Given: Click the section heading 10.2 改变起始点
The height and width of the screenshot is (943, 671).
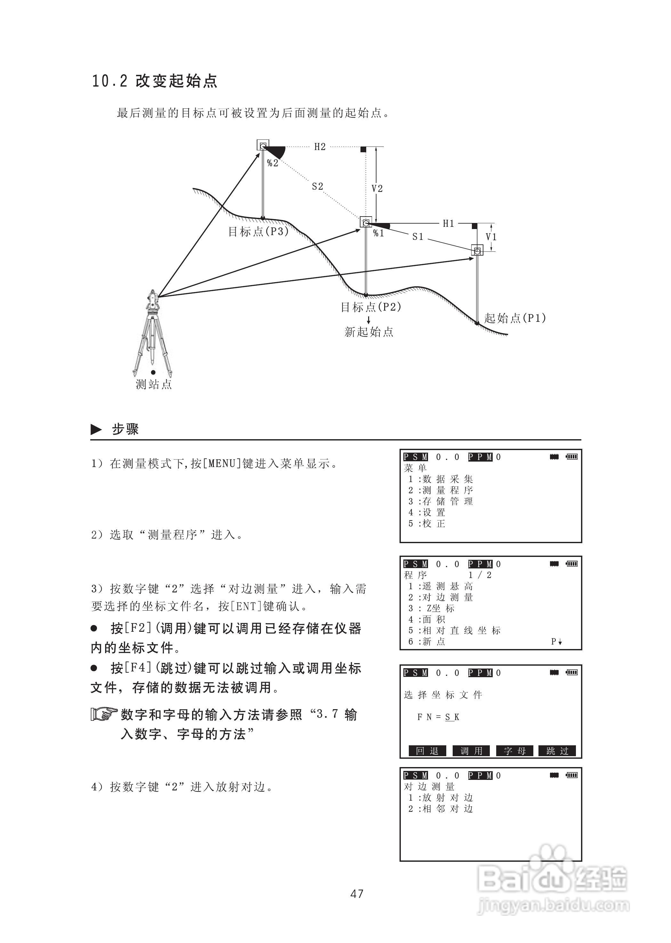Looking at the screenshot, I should pos(154,81).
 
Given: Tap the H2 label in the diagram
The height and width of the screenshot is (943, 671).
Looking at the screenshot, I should pos(320,147).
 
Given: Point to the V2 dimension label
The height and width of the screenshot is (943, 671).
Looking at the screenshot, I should pos(377,189).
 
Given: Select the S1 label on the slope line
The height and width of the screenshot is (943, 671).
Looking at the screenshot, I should pos(418,237).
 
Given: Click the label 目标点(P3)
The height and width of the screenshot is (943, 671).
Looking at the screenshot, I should pos(259,232).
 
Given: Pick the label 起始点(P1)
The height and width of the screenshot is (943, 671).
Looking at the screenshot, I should pos(515,318).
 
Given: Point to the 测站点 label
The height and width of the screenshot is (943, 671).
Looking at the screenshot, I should pos(154,384).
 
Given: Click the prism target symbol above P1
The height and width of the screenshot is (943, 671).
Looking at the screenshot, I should pos(477,250).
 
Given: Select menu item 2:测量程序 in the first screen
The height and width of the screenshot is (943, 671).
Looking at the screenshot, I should pos(441,490).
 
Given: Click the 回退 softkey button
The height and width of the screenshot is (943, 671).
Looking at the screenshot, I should pos(427,751).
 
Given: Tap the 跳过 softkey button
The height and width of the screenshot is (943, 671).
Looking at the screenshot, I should pos(557,751).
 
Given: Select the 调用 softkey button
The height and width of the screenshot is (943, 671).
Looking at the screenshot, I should pos(471,751).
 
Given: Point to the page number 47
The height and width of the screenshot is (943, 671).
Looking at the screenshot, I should pos(357,894).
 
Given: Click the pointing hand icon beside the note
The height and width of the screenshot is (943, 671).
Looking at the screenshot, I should pos(104,714).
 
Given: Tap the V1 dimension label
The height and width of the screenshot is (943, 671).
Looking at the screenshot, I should pos(491,237).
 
